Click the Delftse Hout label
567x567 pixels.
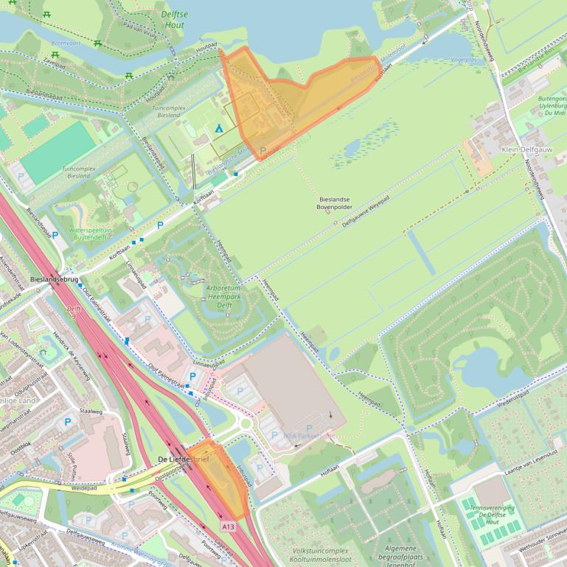pyautogui.click(x=175, y=19)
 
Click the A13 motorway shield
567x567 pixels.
pyautogui.click(x=229, y=526)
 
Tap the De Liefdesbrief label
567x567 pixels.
pyautogui.click(x=183, y=459)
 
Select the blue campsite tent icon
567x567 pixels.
pyautogui.click(x=218, y=129)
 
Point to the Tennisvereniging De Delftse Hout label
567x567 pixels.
pyautogui.click(x=495, y=514)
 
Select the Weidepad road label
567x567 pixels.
pyautogui.click(x=86, y=487)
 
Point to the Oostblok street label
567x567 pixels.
pyautogui.click(x=21, y=445)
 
